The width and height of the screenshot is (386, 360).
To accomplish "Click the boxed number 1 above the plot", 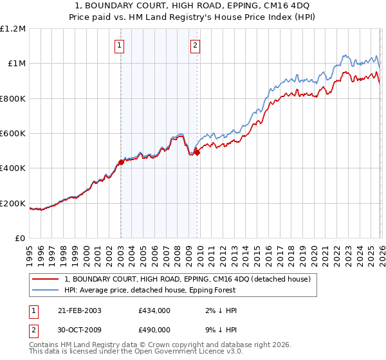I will [x=120, y=45].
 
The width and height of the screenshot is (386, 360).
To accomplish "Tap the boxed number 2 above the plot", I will [x=195, y=45].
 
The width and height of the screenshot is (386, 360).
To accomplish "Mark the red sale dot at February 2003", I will [x=121, y=163].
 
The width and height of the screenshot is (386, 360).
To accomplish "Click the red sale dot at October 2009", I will [x=197, y=152].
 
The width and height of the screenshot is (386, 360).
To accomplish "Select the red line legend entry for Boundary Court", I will [x=187, y=279].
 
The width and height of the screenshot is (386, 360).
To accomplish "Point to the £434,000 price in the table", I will [x=154, y=310].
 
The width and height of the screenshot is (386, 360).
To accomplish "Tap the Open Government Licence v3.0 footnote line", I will [x=136, y=352].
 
